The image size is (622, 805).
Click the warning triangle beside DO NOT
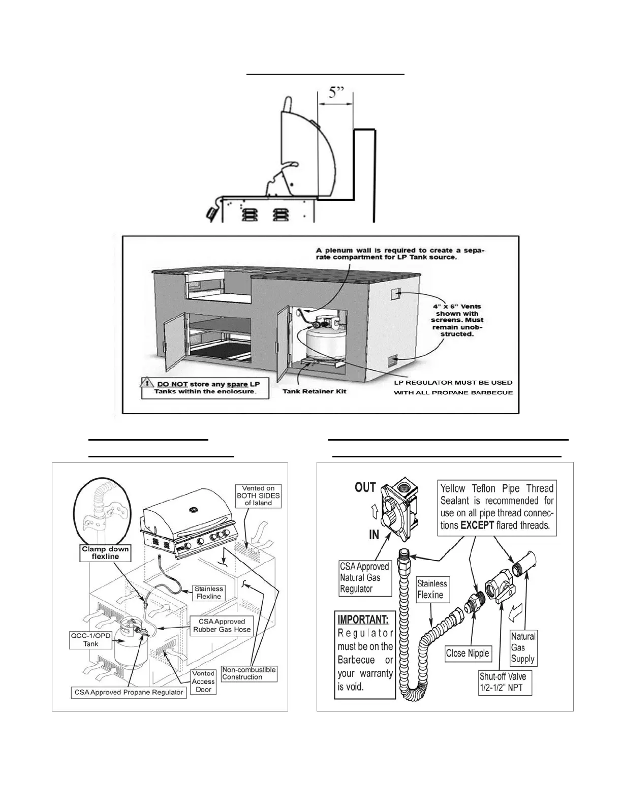147,385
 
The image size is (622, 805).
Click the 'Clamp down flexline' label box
105,553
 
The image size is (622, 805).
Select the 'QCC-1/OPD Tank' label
91,640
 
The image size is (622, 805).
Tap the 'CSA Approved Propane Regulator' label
129,692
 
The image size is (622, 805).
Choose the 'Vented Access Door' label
203,682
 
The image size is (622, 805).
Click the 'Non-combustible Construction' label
249,673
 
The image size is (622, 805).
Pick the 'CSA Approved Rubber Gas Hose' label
222,626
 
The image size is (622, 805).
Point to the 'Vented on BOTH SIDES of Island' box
258,496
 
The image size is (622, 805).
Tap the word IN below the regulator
374,535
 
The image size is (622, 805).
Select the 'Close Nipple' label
467,654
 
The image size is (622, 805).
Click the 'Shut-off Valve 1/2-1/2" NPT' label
503,683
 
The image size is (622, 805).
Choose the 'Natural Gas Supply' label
523,647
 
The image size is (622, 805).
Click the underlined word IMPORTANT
363,620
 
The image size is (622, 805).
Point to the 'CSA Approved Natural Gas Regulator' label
364,578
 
